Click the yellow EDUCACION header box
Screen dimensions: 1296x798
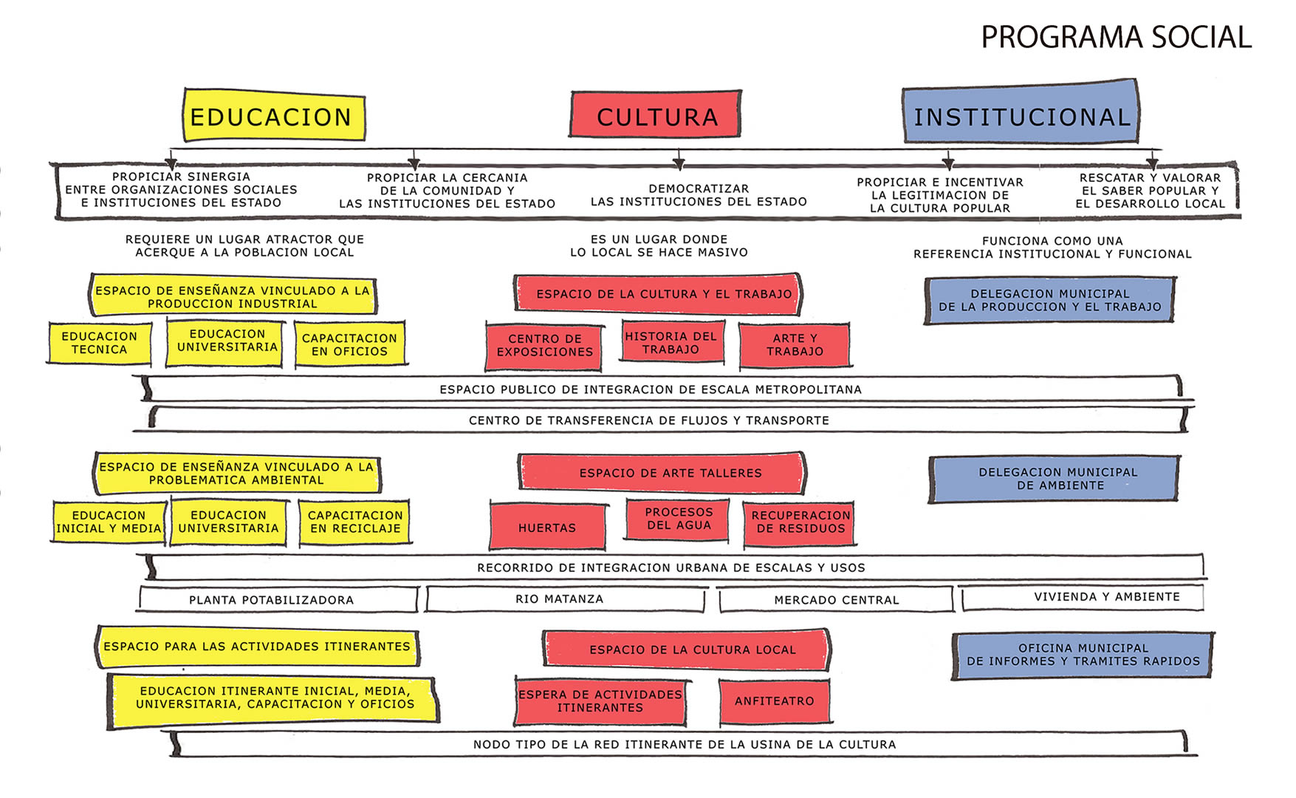[274, 115]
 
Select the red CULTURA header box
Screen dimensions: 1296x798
[656, 115]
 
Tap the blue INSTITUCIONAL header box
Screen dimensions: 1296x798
[1021, 112]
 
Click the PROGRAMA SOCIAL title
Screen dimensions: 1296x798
[1116, 37]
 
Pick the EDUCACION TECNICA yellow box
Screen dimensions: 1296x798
[100, 343]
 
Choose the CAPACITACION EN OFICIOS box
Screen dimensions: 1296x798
[350, 344]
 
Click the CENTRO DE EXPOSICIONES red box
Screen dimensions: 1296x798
[544, 346]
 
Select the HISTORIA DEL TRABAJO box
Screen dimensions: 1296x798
[672, 341]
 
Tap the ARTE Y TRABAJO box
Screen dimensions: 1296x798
[795, 345]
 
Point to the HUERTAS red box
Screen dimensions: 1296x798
[547, 526]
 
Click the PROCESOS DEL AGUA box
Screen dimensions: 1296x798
[678, 519]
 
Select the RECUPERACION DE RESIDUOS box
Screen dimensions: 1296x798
[800, 523]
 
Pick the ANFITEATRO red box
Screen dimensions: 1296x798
[775, 701]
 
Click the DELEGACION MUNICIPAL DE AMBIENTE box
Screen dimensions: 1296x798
[1055, 479]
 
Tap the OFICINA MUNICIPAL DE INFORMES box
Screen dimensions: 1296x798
[1083, 655]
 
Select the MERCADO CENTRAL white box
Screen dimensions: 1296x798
[837, 599]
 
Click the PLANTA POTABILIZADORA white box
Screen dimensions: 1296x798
[278, 599]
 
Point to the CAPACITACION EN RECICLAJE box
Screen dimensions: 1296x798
[354, 522]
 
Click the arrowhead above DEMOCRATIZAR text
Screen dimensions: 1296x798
[679, 163]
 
